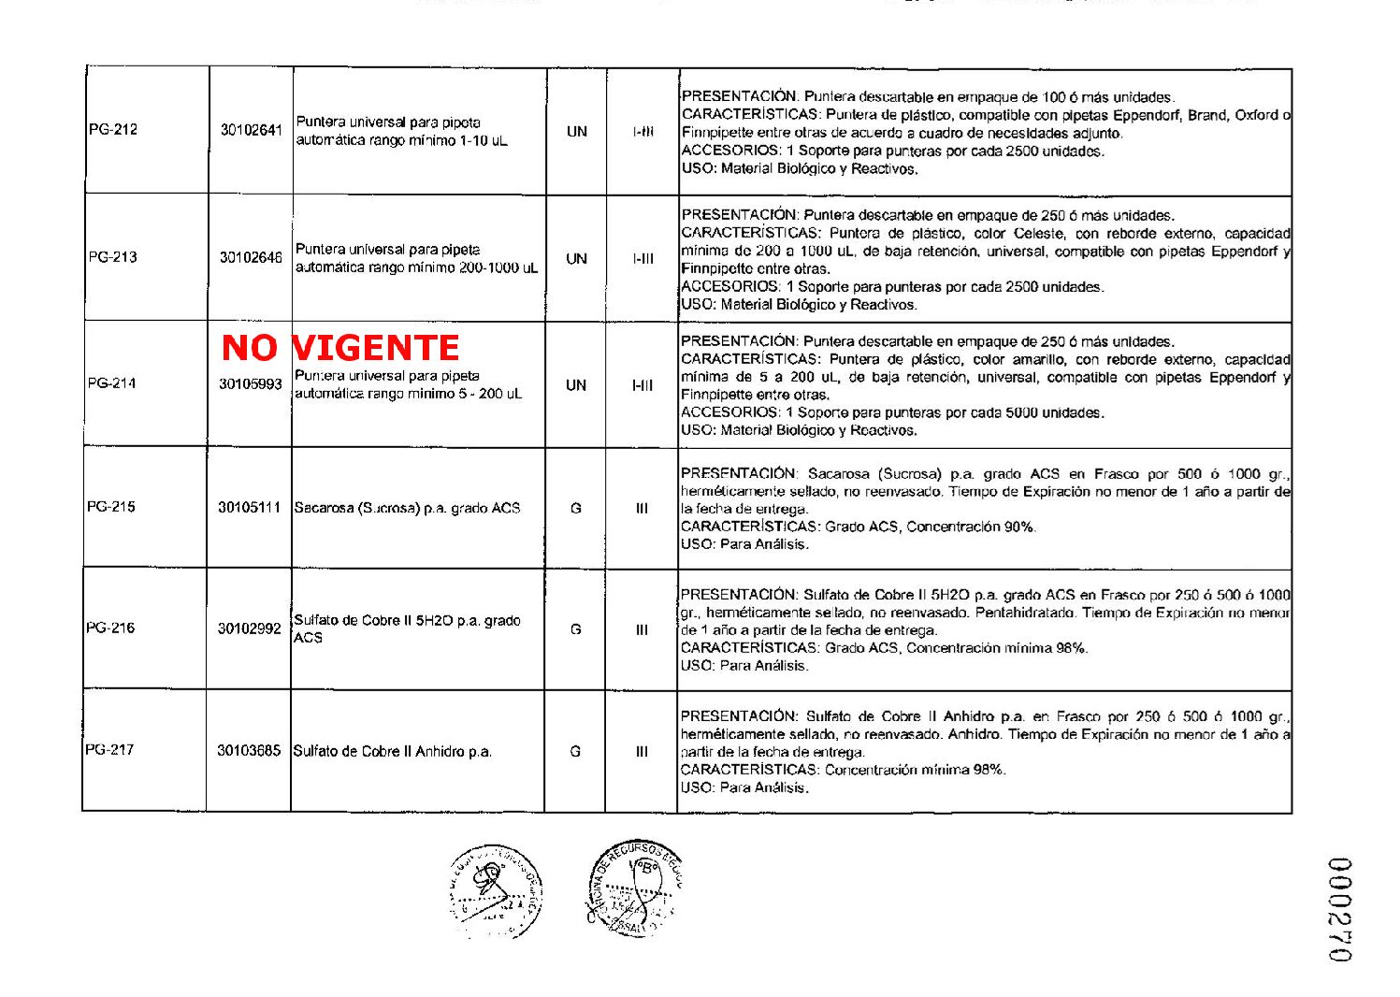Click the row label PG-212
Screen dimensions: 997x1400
coord(113,129)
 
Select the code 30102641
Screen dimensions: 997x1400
coord(251,130)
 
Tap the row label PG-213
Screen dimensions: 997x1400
coord(112,256)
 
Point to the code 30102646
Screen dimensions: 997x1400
coord(251,257)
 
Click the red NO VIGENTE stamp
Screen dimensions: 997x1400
coord(340,348)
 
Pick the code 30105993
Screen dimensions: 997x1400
coord(251,383)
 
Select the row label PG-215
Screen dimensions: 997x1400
coord(111,507)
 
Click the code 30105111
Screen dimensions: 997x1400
coord(250,508)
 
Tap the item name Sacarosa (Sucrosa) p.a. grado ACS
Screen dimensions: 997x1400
coord(407,508)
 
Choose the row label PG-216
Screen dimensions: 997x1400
coord(110,628)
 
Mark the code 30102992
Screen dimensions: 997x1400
coord(250,629)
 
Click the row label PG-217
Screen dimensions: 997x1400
coord(109,749)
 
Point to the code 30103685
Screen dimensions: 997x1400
coord(249,750)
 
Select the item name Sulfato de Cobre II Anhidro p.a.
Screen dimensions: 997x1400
coord(393,751)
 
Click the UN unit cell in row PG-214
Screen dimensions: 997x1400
coord(576,384)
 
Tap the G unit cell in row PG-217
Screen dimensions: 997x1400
coord(575,750)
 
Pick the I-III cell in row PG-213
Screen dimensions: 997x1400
coord(642,258)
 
